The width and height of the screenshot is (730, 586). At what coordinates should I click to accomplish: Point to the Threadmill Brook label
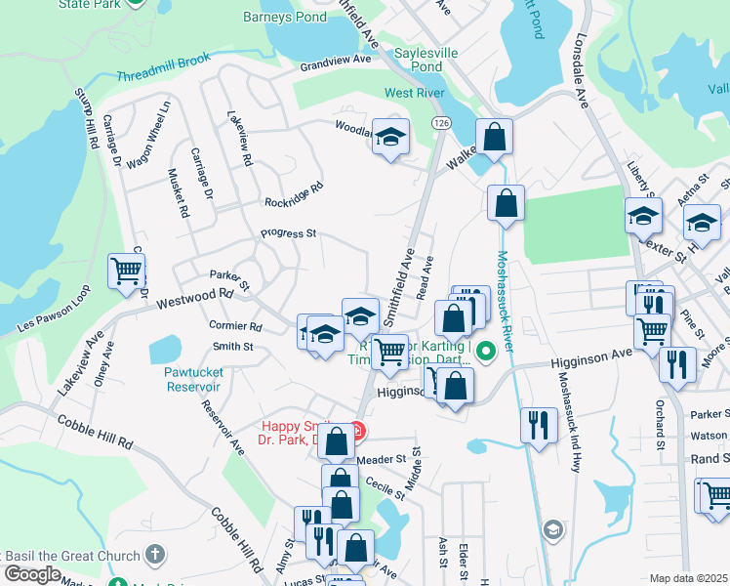pyautogui.click(x=164, y=75)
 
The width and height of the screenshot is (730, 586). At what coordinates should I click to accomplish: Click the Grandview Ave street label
pyautogui.click(x=336, y=61)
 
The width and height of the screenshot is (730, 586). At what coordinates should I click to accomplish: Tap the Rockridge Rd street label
pyautogui.click(x=293, y=195)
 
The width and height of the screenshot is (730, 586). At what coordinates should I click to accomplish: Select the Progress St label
pyautogui.click(x=288, y=233)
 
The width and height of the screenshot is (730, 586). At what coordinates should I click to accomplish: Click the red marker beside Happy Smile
pyautogui.click(x=358, y=431)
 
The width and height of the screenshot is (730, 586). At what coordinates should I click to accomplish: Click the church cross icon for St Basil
pyautogui.click(x=155, y=555)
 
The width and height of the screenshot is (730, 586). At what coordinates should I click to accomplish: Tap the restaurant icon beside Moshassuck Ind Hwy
pyautogui.click(x=538, y=425)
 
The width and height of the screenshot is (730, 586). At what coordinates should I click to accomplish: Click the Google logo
pyautogui.click(x=31, y=574)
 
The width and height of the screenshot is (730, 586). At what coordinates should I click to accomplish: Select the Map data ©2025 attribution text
pyautogui.click(x=688, y=578)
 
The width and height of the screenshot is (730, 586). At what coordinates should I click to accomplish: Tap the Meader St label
pyautogui.click(x=381, y=459)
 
